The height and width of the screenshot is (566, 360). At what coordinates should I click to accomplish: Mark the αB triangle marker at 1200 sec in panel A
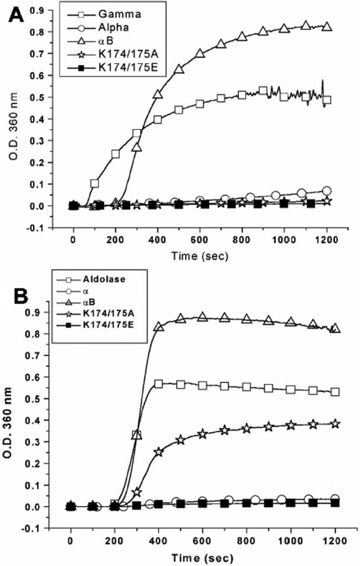(327, 27)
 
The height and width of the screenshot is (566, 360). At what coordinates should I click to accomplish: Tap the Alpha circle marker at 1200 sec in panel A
(326, 191)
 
